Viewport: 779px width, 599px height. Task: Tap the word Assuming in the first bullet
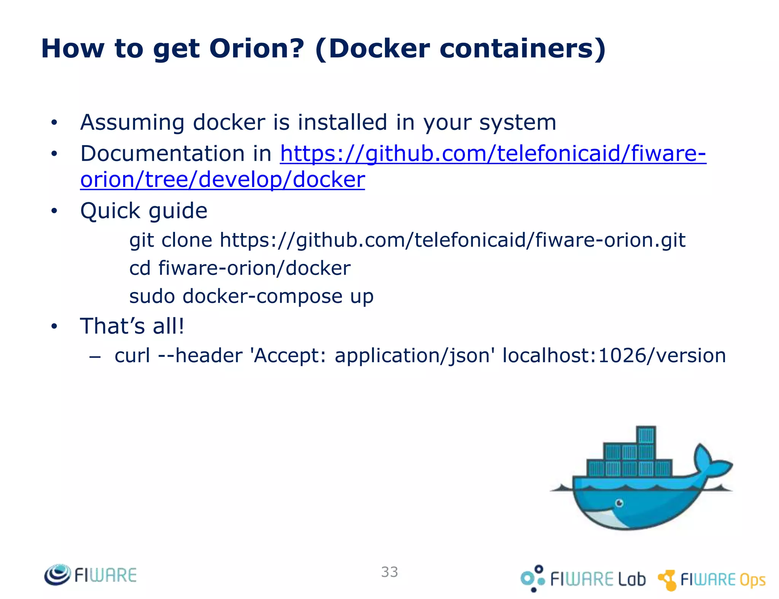(132, 123)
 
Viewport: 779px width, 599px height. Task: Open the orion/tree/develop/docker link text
(223, 179)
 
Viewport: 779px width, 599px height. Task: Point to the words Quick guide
(144, 211)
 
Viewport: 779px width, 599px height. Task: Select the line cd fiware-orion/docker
(240, 268)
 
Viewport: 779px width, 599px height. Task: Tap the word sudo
(152, 296)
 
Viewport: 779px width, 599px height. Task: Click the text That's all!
(132, 326)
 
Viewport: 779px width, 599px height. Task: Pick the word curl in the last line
(132, 356)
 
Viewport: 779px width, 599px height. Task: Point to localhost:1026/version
(614, 356)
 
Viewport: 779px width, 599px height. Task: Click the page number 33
(389, 572)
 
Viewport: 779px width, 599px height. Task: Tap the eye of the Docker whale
(619, 503)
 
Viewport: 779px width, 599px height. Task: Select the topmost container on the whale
(646, 435)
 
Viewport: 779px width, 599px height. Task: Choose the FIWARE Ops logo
(711, 580)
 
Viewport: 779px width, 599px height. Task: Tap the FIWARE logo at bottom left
(90, 575)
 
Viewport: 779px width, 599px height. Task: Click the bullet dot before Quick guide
(54, 211)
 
